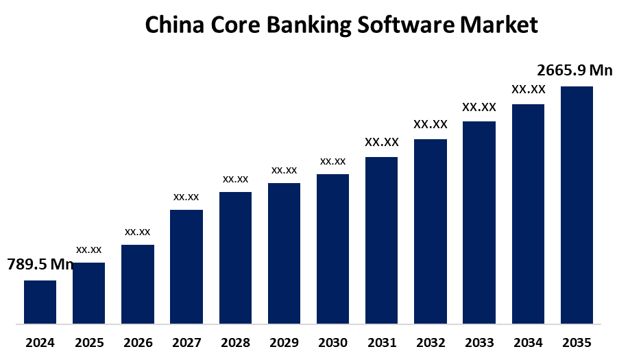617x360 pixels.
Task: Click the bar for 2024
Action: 40,302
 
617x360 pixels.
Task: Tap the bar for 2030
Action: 332,248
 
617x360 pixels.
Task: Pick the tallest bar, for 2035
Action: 577,204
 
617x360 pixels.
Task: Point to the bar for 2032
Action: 431,231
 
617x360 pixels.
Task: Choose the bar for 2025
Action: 88,293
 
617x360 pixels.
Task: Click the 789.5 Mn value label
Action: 40,265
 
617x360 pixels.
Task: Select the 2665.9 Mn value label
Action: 574,70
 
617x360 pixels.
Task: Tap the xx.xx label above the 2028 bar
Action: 235,179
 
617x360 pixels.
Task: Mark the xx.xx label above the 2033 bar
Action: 479,107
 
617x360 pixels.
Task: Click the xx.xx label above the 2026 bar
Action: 137,232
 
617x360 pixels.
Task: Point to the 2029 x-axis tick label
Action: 284,342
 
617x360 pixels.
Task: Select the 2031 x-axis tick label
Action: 381,342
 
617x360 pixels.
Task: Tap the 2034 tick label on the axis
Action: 528,342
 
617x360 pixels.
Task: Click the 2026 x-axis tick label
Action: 137,342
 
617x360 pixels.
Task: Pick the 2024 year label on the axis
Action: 40,342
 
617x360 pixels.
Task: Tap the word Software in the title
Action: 407,25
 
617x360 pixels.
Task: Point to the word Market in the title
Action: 499,25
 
